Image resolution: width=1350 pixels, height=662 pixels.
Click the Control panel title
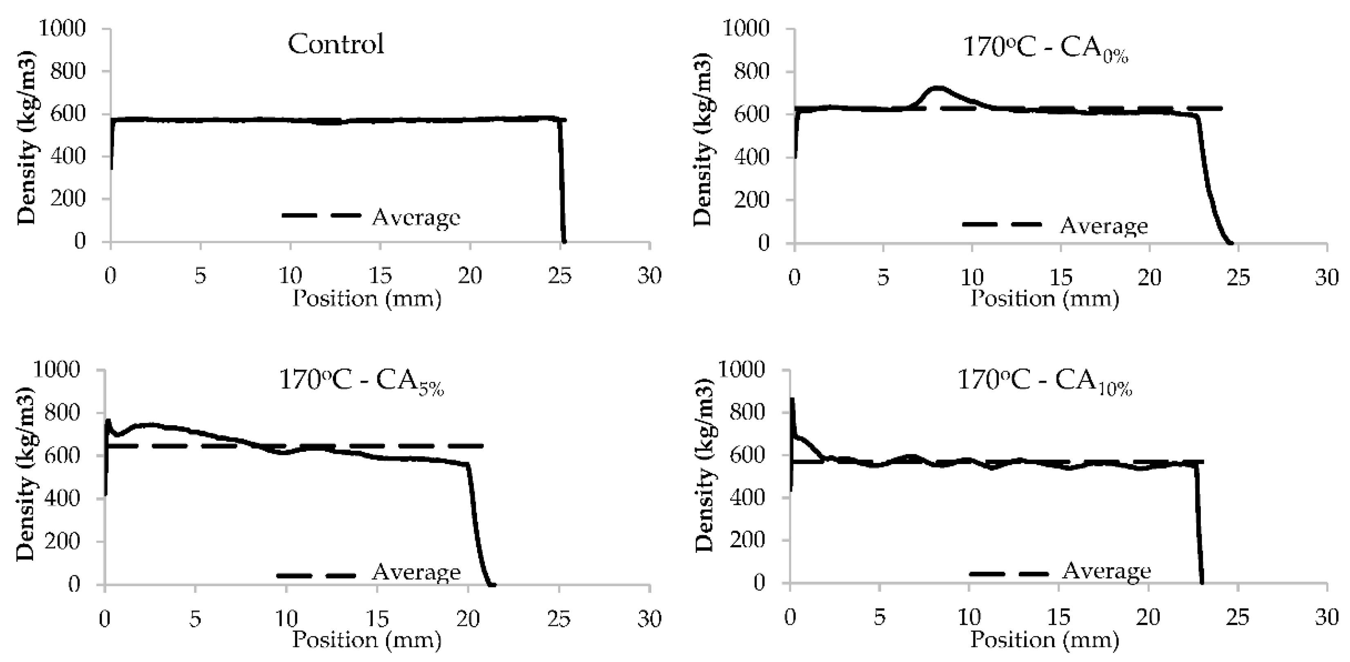click(x=336, y=44)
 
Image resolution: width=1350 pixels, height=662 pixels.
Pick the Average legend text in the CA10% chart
click(x=1106, y=571)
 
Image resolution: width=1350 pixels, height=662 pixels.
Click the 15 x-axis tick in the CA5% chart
click(x=377, y=619)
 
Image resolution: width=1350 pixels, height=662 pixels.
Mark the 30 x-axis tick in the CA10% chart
click(x=1326, y=617)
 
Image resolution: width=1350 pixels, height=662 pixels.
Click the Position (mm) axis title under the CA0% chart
click(x=1045, y=299)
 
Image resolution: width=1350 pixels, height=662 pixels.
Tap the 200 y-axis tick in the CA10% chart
click(x=748, y=540)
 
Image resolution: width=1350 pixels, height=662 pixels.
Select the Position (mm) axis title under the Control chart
click(x=366, y=299)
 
